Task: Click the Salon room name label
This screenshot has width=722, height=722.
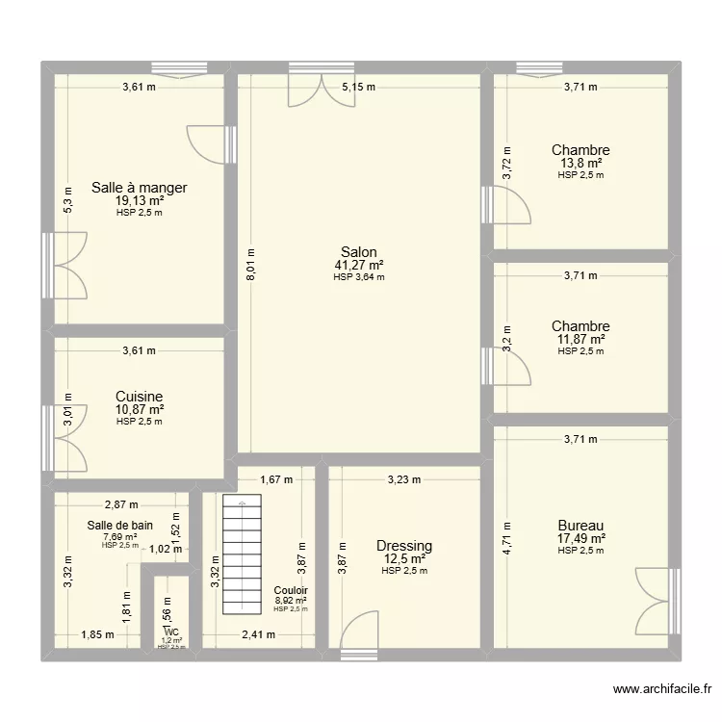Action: click(358, 252)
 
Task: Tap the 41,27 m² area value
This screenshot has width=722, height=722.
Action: click(358, 265)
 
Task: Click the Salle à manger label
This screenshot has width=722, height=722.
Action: click(139, 188)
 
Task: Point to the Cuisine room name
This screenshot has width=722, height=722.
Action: click(139, 397)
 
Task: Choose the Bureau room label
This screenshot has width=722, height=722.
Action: click(581, 525)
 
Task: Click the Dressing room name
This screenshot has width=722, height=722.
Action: click(404, 546)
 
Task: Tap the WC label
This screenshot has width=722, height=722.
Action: click(171, 632)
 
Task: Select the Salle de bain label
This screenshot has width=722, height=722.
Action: click(119, 526)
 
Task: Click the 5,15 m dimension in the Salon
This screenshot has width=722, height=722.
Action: click(359, 87)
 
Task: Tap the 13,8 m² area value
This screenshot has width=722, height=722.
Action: click(580, 163)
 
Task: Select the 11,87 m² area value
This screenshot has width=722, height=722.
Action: click(580, 339)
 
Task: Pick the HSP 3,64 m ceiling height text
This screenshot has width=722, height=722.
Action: click(358, 276)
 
